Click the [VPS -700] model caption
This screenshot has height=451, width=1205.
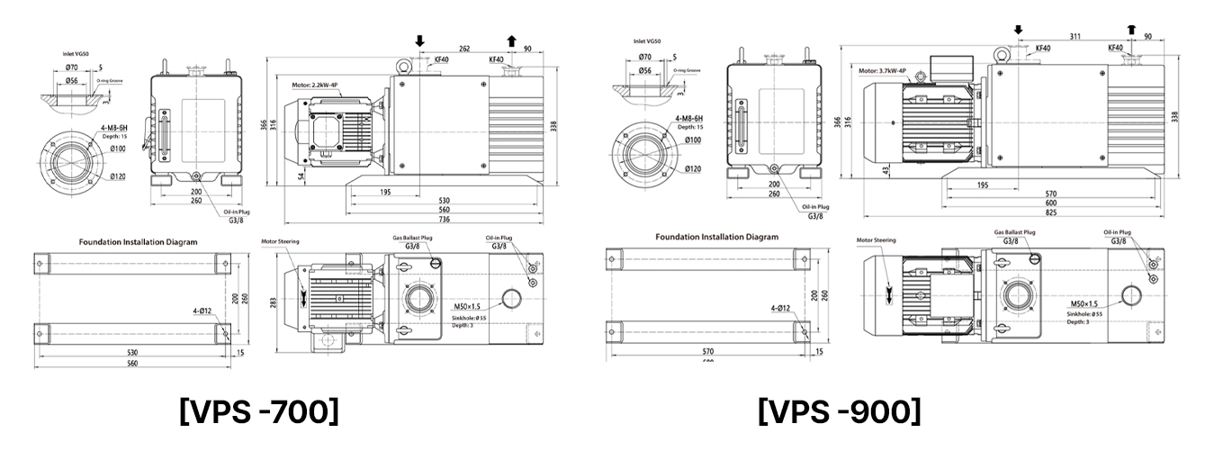tap(260, 411)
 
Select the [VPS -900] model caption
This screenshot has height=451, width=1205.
tap(840, 411)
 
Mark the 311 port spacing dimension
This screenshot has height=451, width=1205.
tap(1073, 37)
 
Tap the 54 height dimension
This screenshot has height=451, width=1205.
tap(301, 176)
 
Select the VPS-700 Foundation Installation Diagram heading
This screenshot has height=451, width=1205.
tap(138, 241)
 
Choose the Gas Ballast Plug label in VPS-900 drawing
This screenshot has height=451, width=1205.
tap(1014, 231)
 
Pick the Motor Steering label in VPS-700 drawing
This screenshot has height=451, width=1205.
tap(280, 241)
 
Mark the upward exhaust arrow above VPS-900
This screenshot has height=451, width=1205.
tap(1131, 29)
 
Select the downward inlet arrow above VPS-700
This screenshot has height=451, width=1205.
tap(419, 41)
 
